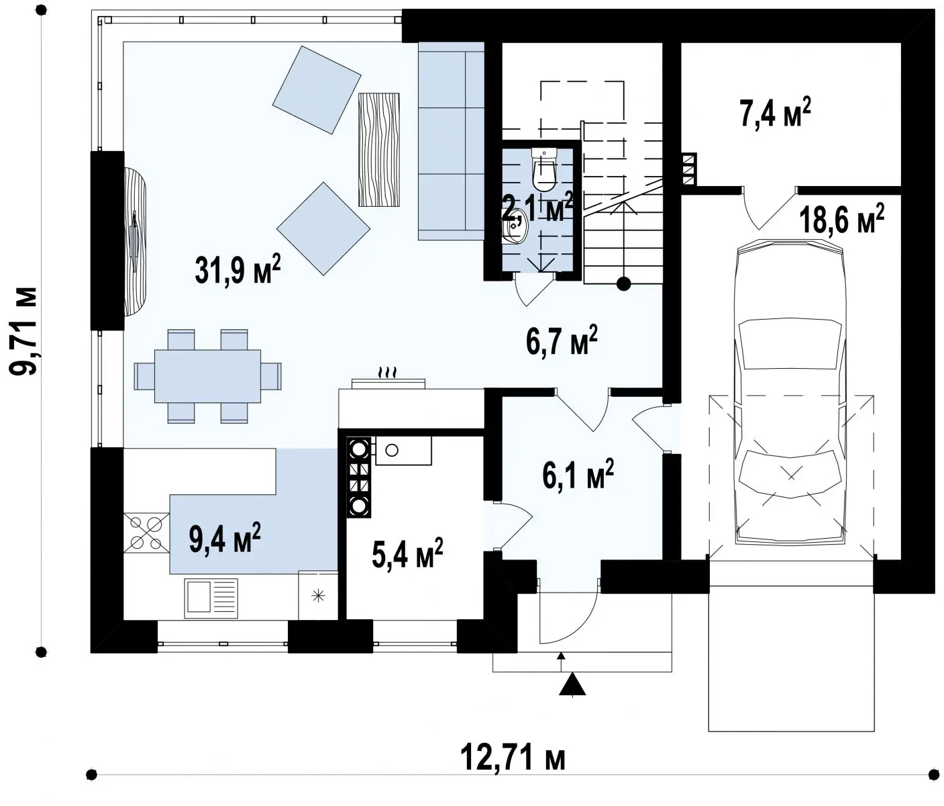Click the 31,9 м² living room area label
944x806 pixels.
coord(238,270)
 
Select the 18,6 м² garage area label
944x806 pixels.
coord(842,220)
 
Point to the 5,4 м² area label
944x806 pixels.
coord(407,553)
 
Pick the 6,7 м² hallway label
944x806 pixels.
coord(562,341)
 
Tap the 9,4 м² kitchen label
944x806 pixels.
coord(225,538)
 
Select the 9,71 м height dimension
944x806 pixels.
coord(23,331)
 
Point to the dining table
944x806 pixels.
coord(207,376)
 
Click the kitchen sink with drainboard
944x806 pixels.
coord(211,598)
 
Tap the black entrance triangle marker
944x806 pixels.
coord(572,684)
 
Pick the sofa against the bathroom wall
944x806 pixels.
coord(452,141)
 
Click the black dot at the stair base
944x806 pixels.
coord(623,284)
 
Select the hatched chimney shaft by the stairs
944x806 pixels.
coord(688,169)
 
